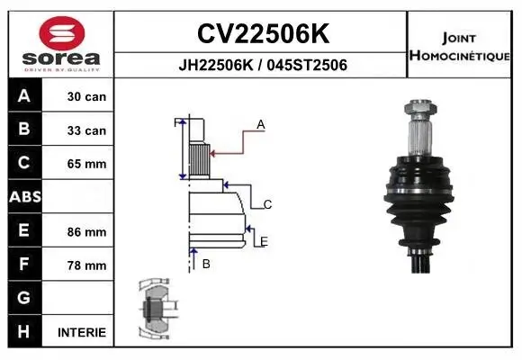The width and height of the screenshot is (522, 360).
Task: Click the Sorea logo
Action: [61, 43]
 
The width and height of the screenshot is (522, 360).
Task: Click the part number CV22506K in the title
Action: [262, 33]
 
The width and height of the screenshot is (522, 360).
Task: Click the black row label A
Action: [23, 96]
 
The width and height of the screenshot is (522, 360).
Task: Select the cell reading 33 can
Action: [86, 130]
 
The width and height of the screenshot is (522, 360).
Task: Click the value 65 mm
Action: [86, 164]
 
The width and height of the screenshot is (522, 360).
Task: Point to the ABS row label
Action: [23, 196]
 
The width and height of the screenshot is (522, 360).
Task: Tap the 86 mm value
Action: [86, 231]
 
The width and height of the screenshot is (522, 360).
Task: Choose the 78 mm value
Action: [86, 265]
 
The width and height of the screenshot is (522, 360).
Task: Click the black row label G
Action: [23, 298]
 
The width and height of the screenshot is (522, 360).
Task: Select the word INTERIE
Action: [82, 332]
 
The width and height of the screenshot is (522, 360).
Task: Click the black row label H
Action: [23, 331]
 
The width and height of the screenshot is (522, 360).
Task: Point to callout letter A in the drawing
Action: [261, 125]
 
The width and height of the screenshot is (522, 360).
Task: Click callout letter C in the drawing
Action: [267, 205]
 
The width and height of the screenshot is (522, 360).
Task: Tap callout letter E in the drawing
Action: [263, 241]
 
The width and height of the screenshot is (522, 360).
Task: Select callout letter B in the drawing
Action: [206, 264]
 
